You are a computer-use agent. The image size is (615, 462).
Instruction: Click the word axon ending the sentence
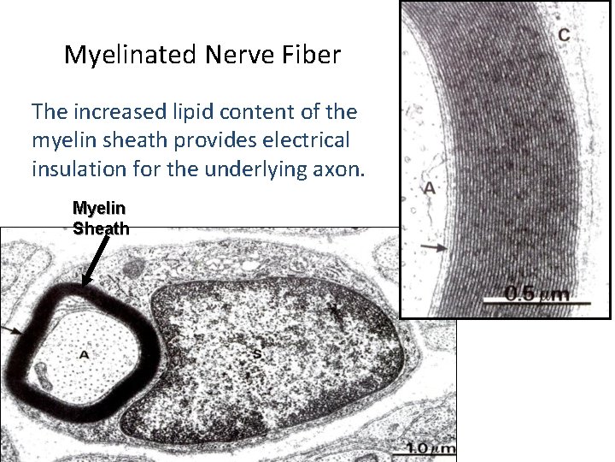point(338,169)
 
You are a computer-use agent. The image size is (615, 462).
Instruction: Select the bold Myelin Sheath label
point(101,218)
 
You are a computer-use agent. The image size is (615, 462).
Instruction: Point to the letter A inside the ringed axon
point(84,354)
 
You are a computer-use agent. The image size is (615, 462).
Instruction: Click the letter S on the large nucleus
point(255,353)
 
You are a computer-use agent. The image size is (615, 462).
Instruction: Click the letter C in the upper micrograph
point(564,34)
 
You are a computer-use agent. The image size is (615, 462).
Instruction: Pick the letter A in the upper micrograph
point(430,187)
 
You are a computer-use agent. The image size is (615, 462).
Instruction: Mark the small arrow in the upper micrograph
point(433,247)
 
